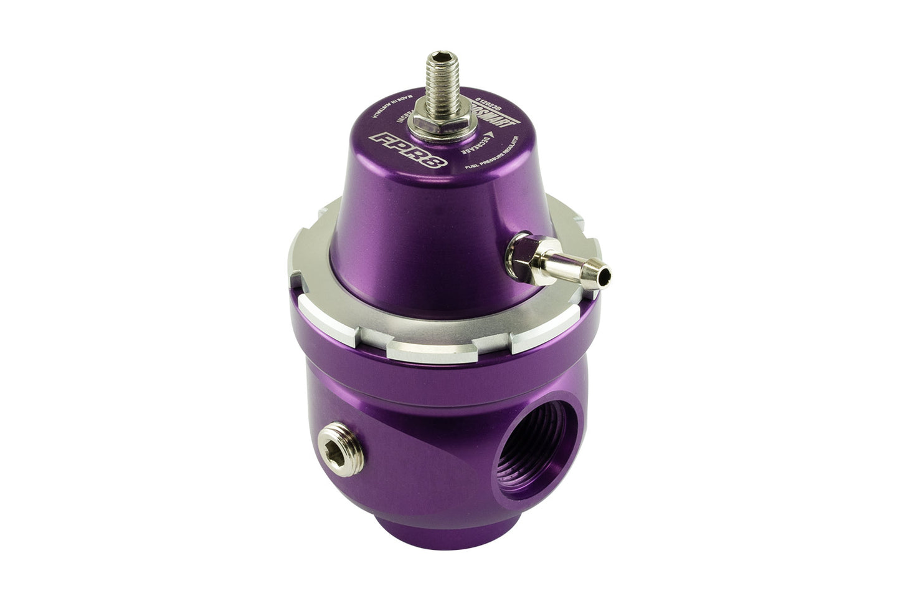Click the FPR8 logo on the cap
coord(402,148)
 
